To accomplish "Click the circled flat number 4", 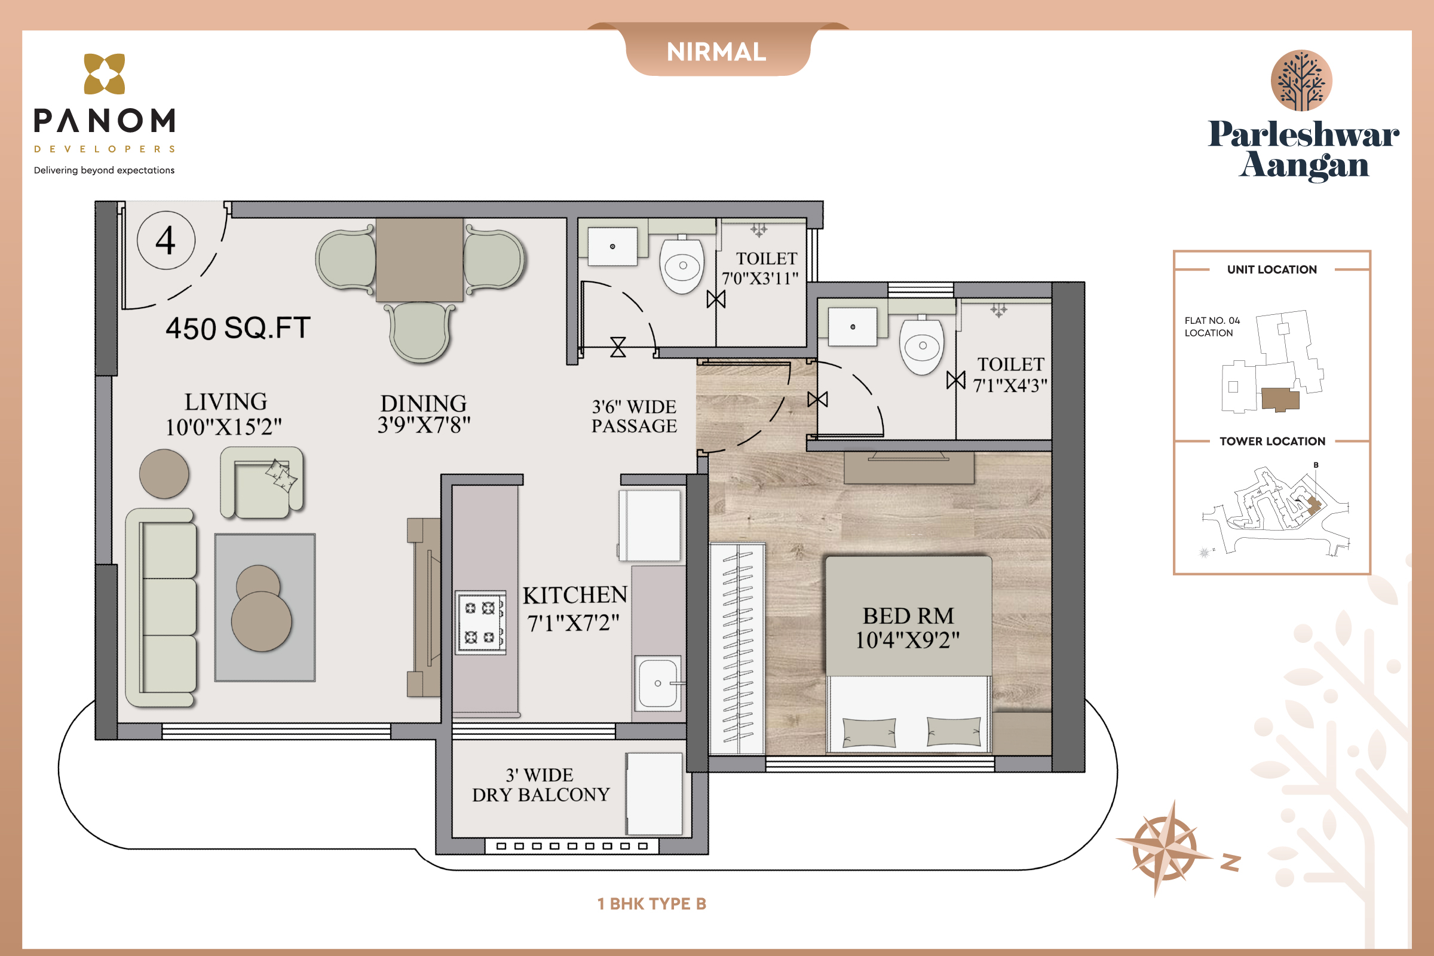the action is pyautogui.click(x=166, y=240).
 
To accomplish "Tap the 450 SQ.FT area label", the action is pyautogui.click(x=238, y=328).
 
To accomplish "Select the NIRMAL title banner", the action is pyautogui.click(x=717, y=52).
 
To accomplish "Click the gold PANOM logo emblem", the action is pyautogui.click(x=104, y=73).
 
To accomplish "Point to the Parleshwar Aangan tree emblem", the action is pyautogui.click(x=1301, y=81).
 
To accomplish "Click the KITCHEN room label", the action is pyautogui.click(x=574, y=595).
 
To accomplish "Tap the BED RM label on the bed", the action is pyautogui.click(x=908, y=616).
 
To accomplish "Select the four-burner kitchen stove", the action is pyautogui.click(x=480, y=622).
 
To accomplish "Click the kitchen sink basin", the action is pyautogui.click(x=658, y=683).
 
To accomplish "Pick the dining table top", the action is pyautogui.click(x=419, y=260).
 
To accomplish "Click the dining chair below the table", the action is pyautogui.click(x=419, y=333).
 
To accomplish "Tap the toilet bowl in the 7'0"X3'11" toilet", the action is pyautogui.click(x=682, y=265).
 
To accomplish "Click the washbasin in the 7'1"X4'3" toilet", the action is pyautogui.click(x=853, y=327).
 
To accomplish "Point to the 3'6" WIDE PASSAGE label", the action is pyautogui.click(x=634, y=416).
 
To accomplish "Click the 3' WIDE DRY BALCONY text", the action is pyautogui.click(x=541, y=785).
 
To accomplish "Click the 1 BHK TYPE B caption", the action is pyautogui.click(x=652, y=903).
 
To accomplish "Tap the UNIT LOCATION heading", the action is pyautogui.click(x=1272, y=269).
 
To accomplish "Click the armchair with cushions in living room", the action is pyautogui.click(x=262, y=483).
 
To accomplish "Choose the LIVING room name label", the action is pyautogui.click(x=226, y=402).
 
